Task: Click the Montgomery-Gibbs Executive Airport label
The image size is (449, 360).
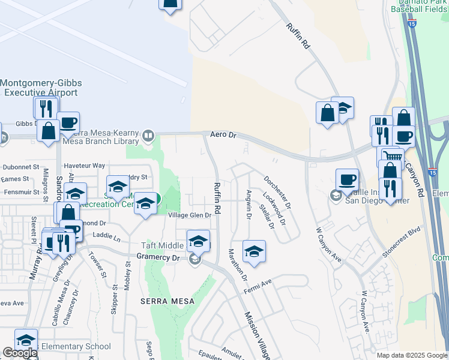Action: pos(40,88)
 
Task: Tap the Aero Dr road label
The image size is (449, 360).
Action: pos(223,135)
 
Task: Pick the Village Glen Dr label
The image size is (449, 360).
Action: pos(190,215)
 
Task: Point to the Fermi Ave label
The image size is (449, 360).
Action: pos(258,285)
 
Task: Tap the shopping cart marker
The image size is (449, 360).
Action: pos(391,155)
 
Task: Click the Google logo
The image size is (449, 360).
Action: pos(19,353)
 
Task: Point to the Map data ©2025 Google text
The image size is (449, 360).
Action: pos(412,355)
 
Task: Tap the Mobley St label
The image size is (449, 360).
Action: pos(127,277)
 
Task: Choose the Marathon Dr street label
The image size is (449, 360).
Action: pos(237,266)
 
